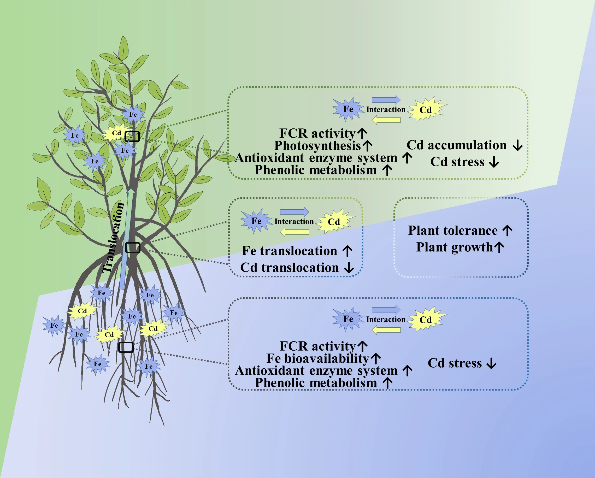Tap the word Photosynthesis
click(x=317, y=145)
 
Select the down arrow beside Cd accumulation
click(x=517, y=145)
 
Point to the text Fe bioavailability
click(x=318, y=358)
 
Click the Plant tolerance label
click(x=453, y=231)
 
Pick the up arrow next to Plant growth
click(x=499, y=247)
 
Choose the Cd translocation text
click(x=289, y=267)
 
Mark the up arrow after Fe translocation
click(x=347, y=251)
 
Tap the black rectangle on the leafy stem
click(x=132, y=136)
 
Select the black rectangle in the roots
click(x=126, y=347)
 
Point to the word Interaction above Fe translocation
click(x=294, y=221)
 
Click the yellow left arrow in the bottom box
click(x=386, y=330)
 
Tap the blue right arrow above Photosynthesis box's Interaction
click(x=386, y=100)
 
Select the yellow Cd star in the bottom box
click(x=426, y=319)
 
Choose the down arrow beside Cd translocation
click(x=349, y=267)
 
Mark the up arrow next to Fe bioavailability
click(x=376, y=358)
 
